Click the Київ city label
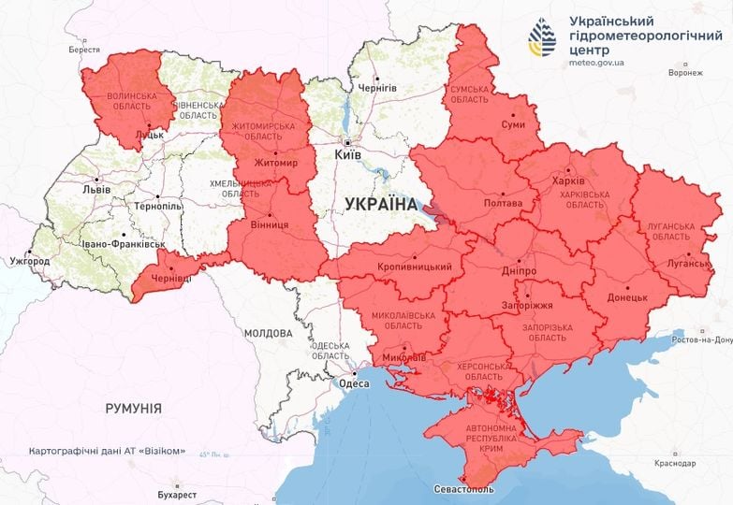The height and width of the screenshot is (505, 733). click(348, 156)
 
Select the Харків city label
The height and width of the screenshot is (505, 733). click(568, 180)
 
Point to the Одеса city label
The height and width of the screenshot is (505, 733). click(353, 383)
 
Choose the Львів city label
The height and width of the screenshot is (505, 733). click(96, 189)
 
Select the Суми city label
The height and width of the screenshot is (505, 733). click(512, 124)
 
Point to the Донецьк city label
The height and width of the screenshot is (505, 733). click(627, 296)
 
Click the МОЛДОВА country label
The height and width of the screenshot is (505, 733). click(268, 333)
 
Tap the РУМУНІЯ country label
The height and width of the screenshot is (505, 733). click(132, 409)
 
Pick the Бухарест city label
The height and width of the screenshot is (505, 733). click(177, 493)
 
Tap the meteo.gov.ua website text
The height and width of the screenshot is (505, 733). click(597, 63)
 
